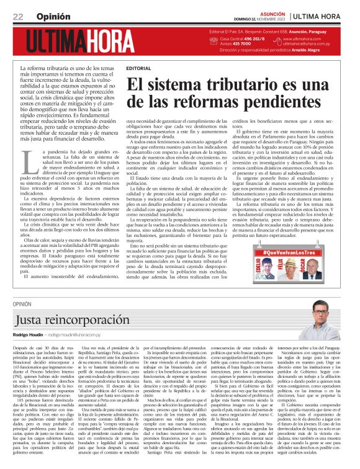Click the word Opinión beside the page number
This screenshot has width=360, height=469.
pos(48,16)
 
